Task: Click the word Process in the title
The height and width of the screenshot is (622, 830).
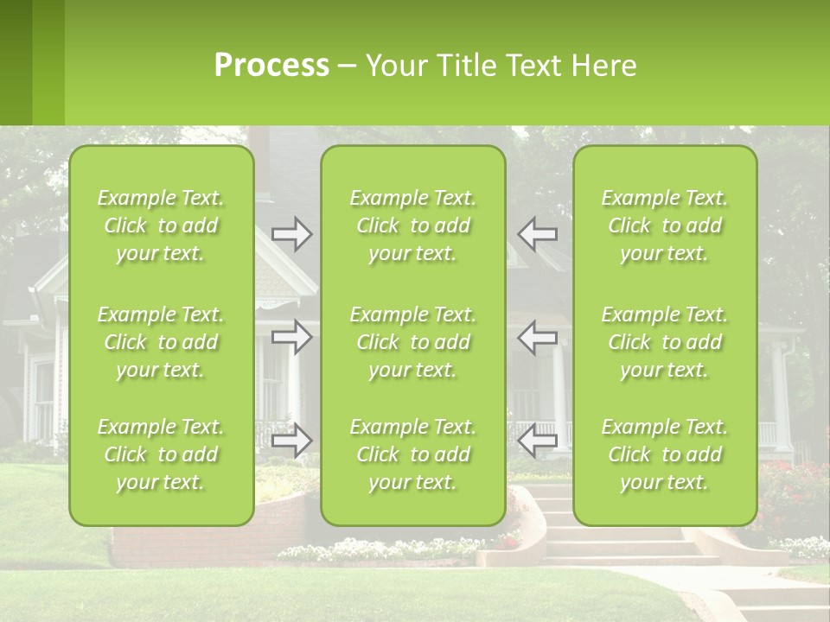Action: coord(271,66)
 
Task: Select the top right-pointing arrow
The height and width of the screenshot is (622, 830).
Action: coord(291,234)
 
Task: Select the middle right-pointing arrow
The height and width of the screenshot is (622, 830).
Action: coord(291,337)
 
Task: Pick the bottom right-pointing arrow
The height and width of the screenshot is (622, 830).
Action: coord(291,441)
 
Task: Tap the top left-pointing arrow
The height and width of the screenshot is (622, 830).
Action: coord(537,234)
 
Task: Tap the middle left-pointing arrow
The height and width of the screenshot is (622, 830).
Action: coord(537,337)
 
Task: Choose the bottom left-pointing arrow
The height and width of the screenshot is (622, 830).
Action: coord(537,441)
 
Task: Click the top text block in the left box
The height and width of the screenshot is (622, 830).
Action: coord(161,225)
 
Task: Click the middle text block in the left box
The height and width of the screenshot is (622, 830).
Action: coord(161,342)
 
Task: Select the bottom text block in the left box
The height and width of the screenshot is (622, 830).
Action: coord(161,454)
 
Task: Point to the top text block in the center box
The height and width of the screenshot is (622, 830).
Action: coord(413,225)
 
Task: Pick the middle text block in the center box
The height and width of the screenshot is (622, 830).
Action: coord(413,342)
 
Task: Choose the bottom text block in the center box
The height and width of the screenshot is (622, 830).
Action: coord(413,454)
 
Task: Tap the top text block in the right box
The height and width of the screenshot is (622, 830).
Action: coord(665,225)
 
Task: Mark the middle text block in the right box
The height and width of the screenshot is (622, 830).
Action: coord(665,342)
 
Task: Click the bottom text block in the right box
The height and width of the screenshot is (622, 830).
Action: coord(665,454)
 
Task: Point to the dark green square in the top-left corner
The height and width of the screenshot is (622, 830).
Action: coord(16,62)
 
